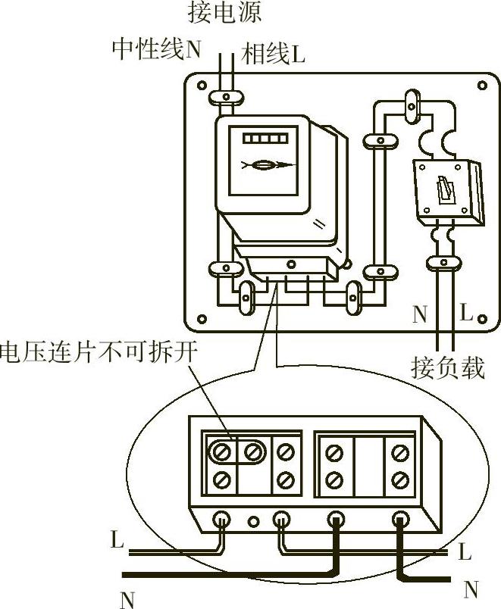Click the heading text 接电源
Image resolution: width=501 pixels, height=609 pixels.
click(x=225, y=12)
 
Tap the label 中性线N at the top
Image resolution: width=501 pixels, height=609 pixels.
click(x=157, y=50)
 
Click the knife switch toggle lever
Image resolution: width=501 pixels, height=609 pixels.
click(x=443, y=187)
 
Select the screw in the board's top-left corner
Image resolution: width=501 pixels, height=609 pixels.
click(x=202, y=86)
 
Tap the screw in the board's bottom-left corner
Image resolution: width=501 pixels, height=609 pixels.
click(x=202, y=318)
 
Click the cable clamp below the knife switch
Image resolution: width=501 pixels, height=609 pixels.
click(x=443, y=263)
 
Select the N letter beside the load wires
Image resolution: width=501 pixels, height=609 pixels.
click(x=420, y=314)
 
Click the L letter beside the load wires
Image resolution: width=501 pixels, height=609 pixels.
click(x=466, y=314)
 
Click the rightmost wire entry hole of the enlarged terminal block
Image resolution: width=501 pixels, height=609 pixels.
click(x=400, y=520)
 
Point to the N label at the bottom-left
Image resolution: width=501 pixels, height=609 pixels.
click(x=127, y=600)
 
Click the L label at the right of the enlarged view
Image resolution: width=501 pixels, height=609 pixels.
click(x=465, y=552)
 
